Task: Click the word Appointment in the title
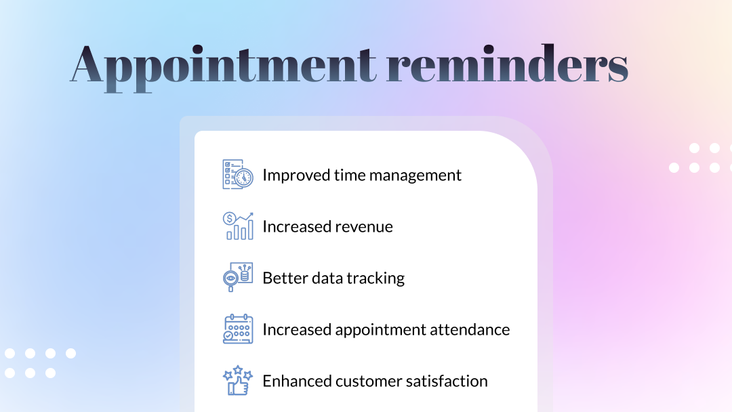223,67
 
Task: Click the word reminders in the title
508,64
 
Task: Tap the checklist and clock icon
238,175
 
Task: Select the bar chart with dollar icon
238,226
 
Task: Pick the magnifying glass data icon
238,277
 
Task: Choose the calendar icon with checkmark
238,329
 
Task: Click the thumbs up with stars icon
238,380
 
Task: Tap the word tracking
375,279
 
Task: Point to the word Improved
296,176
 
